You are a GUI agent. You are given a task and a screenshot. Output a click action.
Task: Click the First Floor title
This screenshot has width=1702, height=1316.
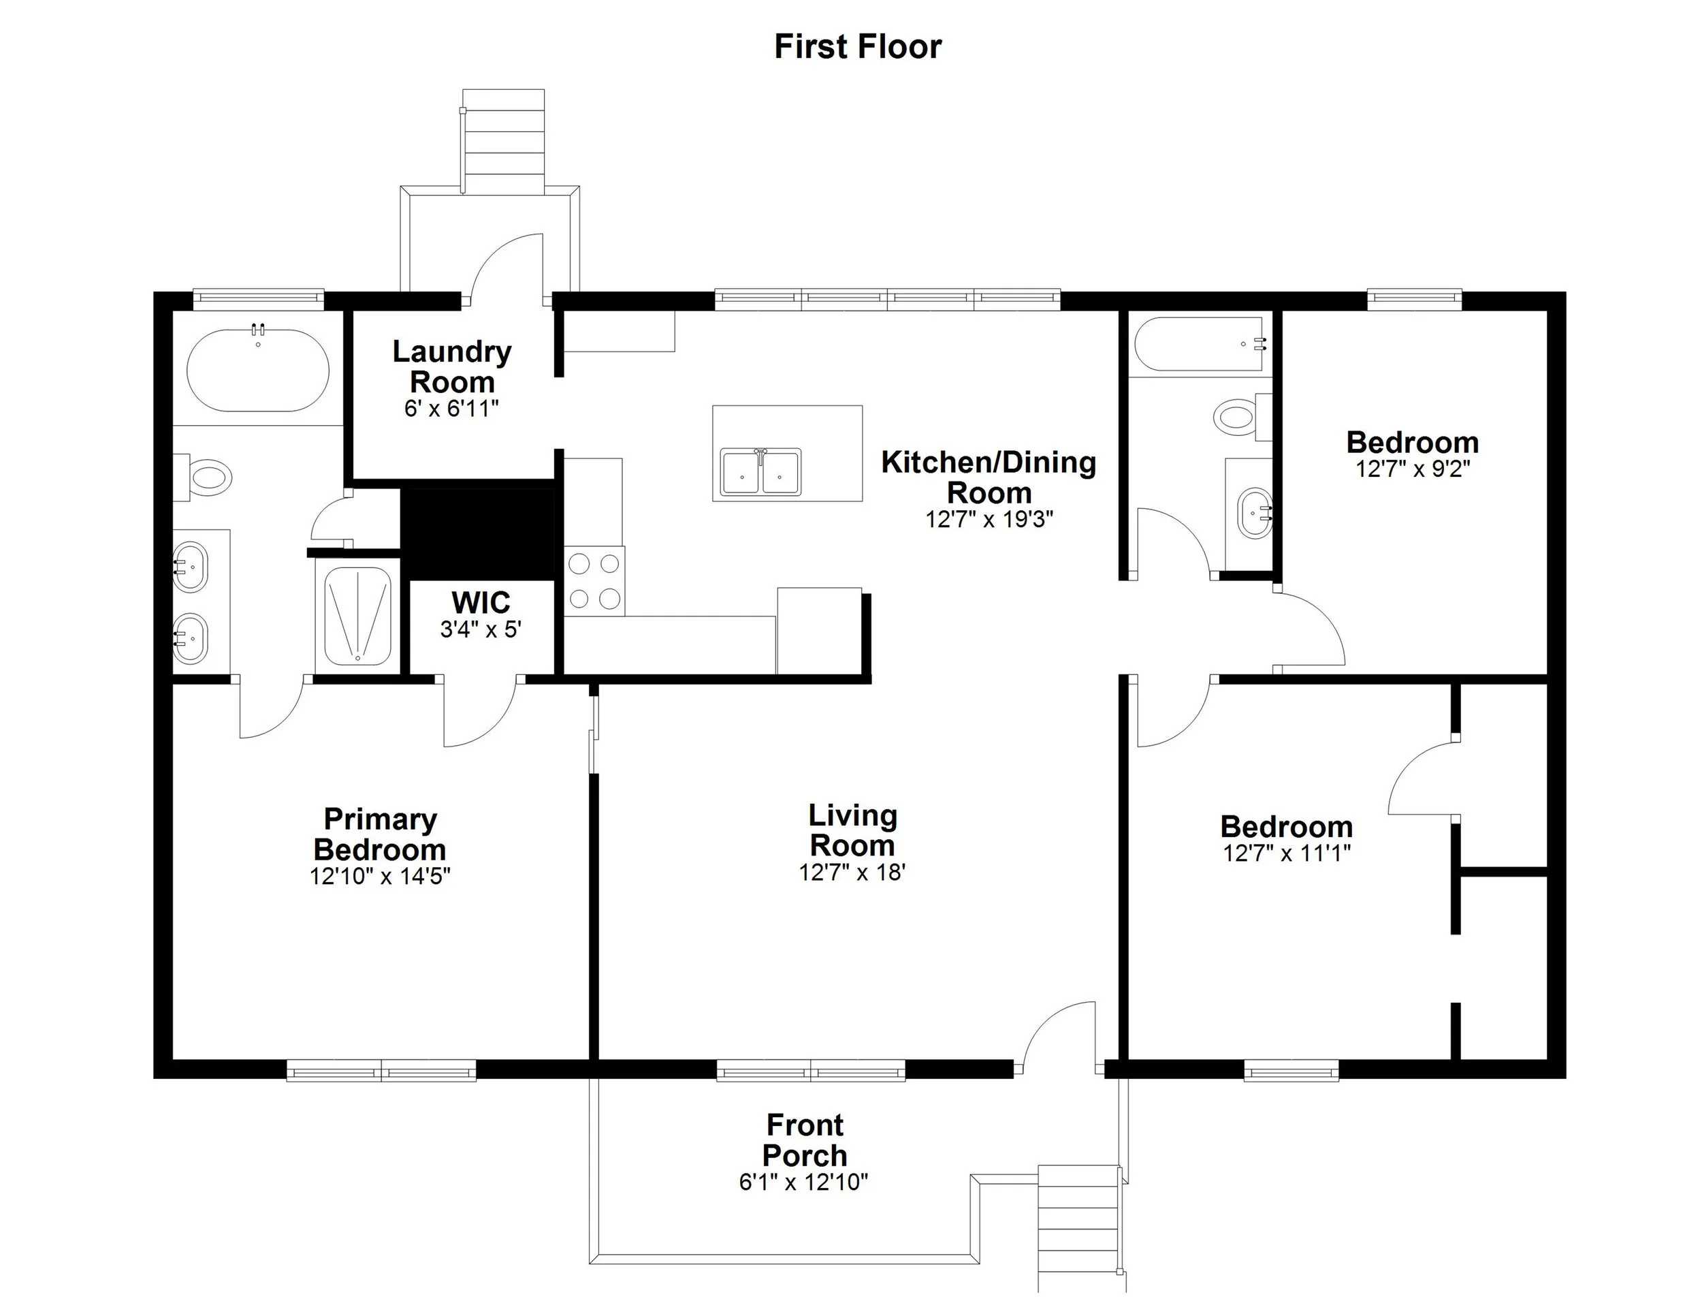coord(857,47)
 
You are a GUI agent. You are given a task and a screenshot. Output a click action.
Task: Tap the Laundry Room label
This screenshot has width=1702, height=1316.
coord(451,366)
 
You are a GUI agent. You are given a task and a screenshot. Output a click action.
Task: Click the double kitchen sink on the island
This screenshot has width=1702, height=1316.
coord(760,471)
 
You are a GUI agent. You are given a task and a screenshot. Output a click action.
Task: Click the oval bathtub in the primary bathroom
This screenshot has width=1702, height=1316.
coord(258,371)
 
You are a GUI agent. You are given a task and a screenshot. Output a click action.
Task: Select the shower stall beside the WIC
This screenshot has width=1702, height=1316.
coord(357,616)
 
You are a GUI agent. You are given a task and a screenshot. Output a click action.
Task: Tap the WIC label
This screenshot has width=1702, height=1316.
coord(481,603)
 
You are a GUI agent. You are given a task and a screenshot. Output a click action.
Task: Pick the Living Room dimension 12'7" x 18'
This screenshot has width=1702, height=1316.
coord(852,872)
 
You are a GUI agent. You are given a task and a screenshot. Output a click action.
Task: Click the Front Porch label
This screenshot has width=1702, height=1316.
coord(804,1140)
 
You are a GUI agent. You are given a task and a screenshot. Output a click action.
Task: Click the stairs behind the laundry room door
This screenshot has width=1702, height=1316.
coord(503,140)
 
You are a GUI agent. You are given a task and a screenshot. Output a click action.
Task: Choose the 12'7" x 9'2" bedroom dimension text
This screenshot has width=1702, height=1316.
coord(1412,469)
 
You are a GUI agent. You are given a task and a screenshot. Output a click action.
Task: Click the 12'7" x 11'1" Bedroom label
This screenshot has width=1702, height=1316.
coord(1286,826)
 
